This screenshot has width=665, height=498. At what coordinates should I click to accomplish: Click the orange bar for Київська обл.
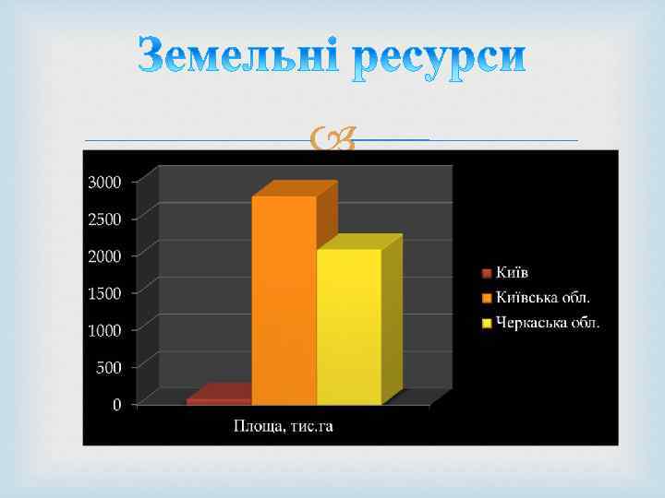284,300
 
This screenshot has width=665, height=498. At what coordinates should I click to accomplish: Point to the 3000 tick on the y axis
103,182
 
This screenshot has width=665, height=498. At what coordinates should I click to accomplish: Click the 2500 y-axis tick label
103,219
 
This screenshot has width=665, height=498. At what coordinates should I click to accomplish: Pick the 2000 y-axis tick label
103,255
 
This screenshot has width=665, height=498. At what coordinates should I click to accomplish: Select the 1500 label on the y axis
103,293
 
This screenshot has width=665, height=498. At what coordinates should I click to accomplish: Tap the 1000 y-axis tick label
103,330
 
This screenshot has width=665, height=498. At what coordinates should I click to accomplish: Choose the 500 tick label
109,367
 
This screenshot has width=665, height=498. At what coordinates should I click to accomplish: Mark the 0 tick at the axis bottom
116,405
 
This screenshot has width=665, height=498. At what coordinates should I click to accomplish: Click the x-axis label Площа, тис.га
282,425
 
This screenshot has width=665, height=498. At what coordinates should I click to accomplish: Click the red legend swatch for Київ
487,273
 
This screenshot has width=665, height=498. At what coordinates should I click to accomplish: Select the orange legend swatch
487,298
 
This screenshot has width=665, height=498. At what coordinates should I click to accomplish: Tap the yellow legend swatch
487,323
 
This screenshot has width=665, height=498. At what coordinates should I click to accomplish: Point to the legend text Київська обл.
544,298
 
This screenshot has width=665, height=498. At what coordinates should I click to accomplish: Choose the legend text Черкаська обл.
548,323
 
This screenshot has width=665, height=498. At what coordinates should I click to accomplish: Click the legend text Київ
513,273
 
